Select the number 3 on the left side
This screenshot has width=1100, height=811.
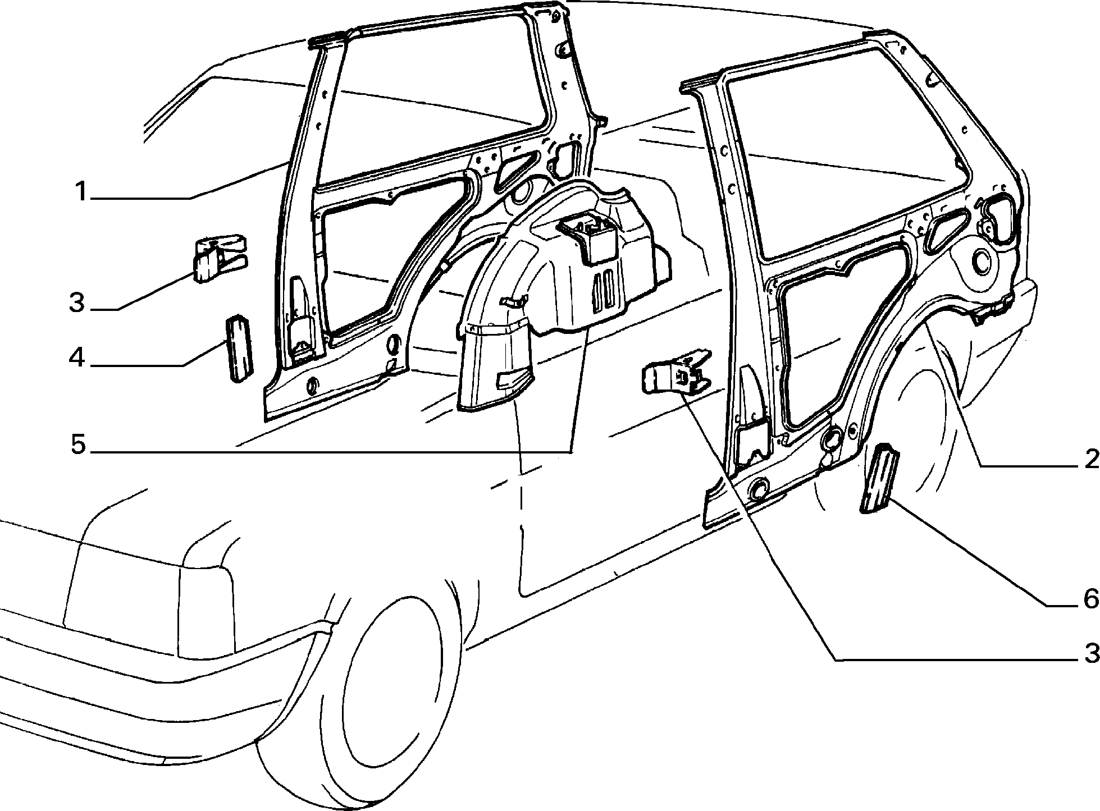click(x=77, y=304)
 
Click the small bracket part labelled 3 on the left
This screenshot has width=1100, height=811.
click(x=219, y=259)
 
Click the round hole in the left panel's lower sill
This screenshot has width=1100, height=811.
click(x=311, y=384)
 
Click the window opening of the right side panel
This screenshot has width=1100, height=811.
click(x=842, y=152)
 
